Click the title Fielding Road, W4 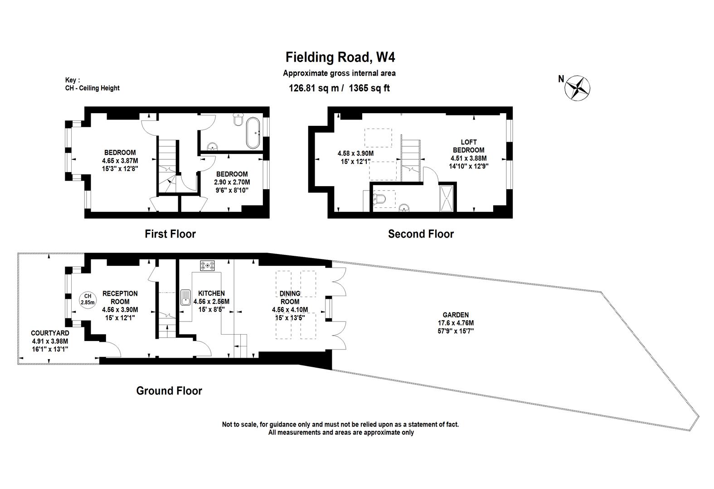click(340, 58)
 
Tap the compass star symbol click(577, 88)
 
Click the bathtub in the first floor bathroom click(253, 133)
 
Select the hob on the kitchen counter click(207, 265)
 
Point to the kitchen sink click(185, 297)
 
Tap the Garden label click(456, 315)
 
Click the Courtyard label click(50, 333)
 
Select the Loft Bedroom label click(469, 146)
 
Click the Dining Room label click(290, 297)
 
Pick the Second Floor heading click(421, 234)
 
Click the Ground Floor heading click(169, 391)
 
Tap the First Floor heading click(170, 234)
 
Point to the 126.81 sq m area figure click(314, 88)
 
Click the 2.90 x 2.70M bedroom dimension click(232, 182)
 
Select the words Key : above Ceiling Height click(73, 80)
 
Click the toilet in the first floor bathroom click(238, 119)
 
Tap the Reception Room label click(120, 297)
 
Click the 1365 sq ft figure click(369, 88)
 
